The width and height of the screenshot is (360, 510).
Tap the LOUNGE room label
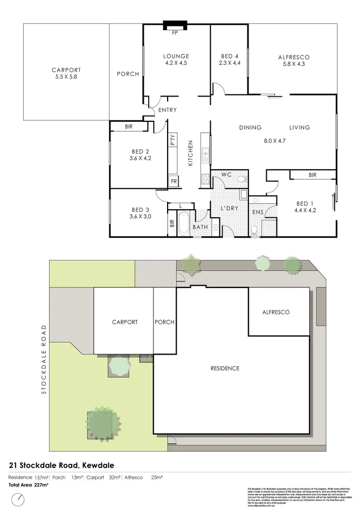176,56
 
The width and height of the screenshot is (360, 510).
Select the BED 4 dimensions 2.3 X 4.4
230,64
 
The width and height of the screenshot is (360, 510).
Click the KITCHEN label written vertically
190,153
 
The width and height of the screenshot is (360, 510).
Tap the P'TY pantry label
172,141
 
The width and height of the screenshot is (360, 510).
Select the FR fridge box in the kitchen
174,182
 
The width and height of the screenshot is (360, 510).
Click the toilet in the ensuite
254,230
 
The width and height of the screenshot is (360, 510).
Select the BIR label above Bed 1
313,175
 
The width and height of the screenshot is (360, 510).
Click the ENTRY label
168,111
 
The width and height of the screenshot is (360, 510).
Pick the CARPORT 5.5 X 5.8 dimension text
66,77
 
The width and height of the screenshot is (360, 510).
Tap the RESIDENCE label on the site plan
225,368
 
